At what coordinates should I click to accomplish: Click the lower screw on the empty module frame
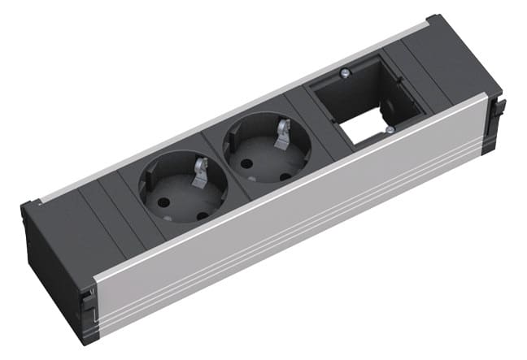[x=390, y=128]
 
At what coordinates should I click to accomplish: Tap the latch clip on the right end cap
[x=500, y=106]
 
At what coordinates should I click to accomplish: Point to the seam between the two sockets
[x=218, y=159]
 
